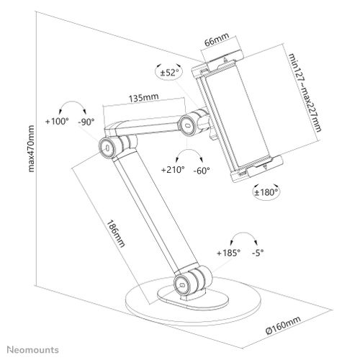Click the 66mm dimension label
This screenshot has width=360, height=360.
pos(217,39)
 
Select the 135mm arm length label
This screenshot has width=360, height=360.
pos(144,97)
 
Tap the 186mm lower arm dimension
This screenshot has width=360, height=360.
pos(116,233)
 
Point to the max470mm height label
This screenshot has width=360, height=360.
pos(31,148)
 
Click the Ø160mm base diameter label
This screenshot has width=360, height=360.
pos(283,325)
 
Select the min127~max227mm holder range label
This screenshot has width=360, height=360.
pos(305,92)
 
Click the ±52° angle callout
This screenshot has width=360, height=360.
pos(169,72)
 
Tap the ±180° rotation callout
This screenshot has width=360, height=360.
pos(266,192)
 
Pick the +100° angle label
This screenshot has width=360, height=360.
pos(57,121)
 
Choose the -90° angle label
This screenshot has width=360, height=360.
pos(86,122)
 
